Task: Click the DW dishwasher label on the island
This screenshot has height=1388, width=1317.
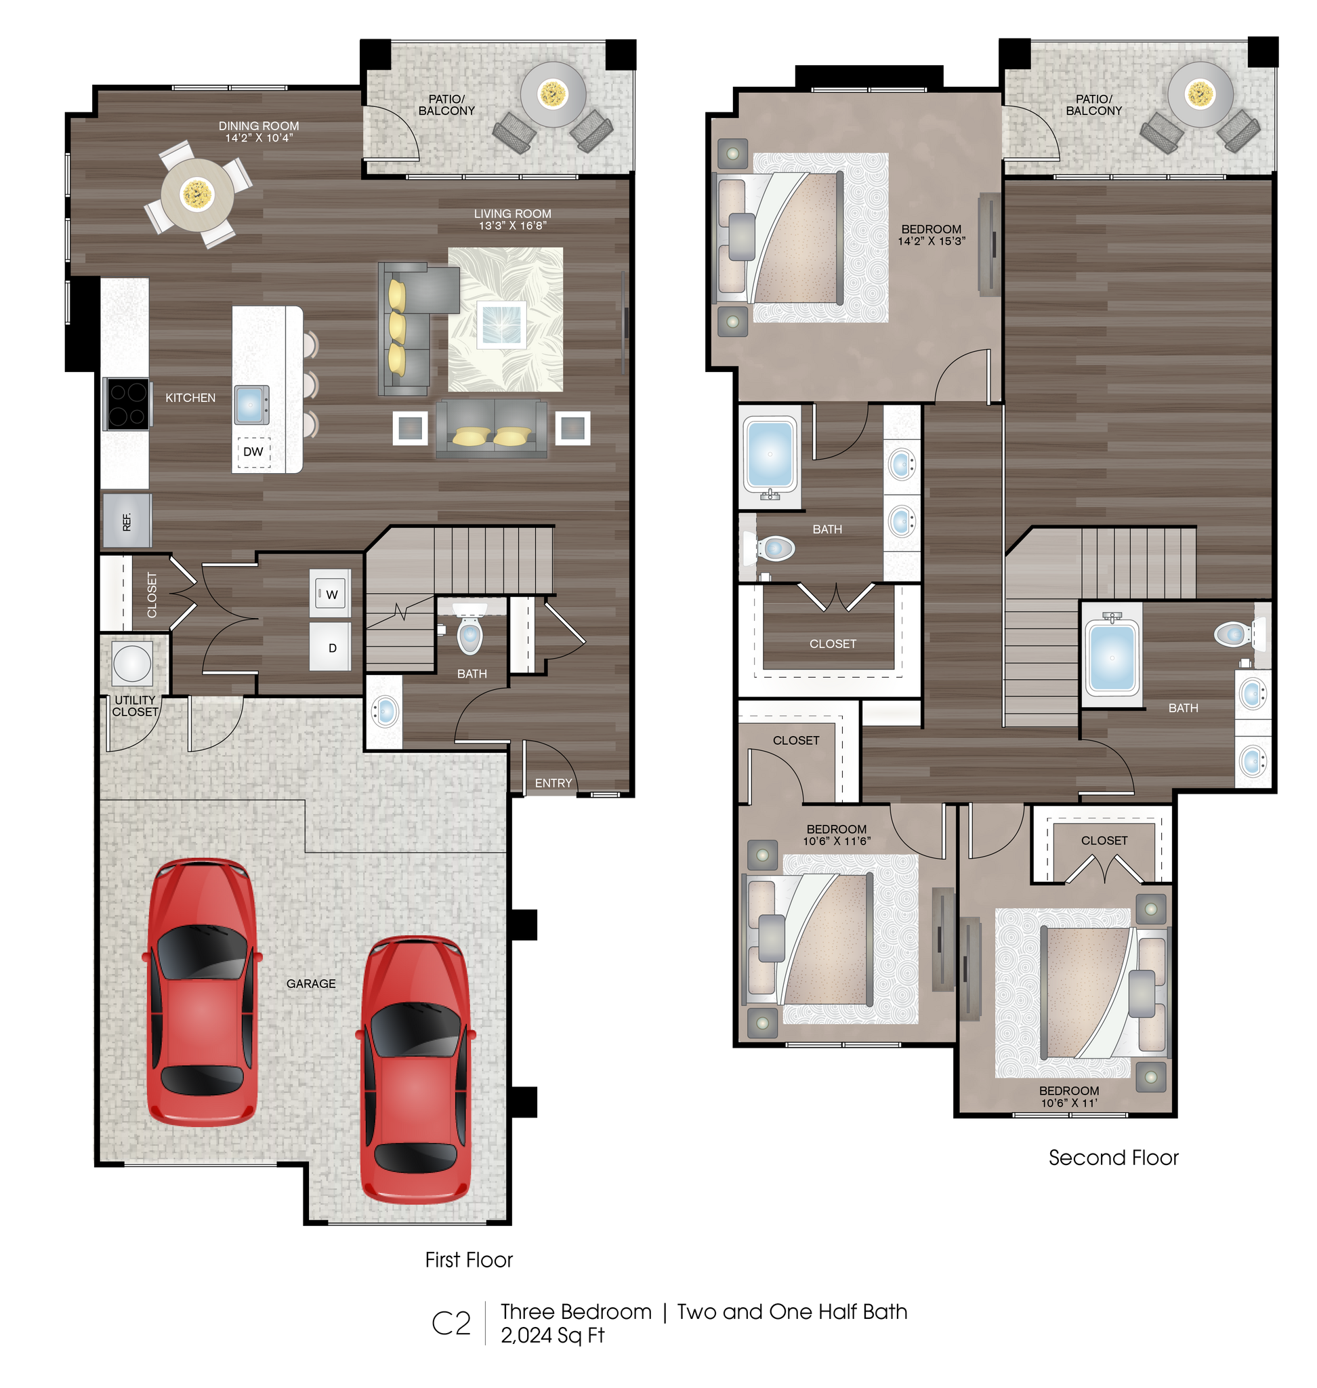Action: pos(253,451)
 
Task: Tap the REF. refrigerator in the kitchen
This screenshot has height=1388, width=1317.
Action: pos(127,521)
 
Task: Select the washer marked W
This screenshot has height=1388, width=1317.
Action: pos(331,594)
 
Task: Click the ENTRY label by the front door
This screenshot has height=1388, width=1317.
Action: pos(553,783)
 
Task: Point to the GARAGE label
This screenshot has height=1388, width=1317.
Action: pos(311,983)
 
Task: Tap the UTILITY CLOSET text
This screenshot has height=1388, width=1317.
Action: pos(135,706)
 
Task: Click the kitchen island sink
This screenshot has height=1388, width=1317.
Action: pos(251,405)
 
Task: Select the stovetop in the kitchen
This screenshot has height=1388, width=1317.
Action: pos(127,403)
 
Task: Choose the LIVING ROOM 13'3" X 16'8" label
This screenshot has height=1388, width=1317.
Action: pos(512,219)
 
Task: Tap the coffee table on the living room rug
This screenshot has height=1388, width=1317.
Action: pos(501,325)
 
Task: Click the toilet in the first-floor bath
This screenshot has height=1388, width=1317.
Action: pos(469,634)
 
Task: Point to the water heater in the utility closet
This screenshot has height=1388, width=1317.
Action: pos(132,662)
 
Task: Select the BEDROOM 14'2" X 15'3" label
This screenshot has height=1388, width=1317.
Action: pos(931,234)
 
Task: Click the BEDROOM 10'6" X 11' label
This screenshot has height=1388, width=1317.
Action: pos(1068,1097)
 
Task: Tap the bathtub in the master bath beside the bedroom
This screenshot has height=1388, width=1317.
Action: pos(770,453)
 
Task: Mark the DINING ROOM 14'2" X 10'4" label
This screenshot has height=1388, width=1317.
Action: pos(259,131)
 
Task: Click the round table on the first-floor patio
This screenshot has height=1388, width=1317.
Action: pos(553,94)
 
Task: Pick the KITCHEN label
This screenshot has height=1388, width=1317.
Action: pos(190,398)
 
